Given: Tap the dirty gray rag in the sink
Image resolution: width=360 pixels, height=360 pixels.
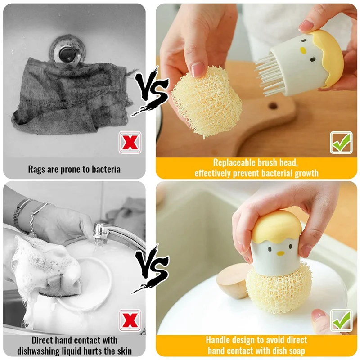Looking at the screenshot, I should [x=67, y=97].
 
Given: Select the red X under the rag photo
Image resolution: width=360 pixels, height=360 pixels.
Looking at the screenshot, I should [x=130, y=143].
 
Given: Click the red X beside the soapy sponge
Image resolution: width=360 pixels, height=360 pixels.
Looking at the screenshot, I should [x=130, y=320].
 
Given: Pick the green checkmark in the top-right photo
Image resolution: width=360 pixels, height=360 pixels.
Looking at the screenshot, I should [x=341, y=143].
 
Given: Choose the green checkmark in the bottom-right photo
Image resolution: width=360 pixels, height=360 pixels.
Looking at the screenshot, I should [x=341, y=320].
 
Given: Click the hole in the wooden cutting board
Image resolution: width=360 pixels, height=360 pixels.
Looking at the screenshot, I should [x=273, y=106].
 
